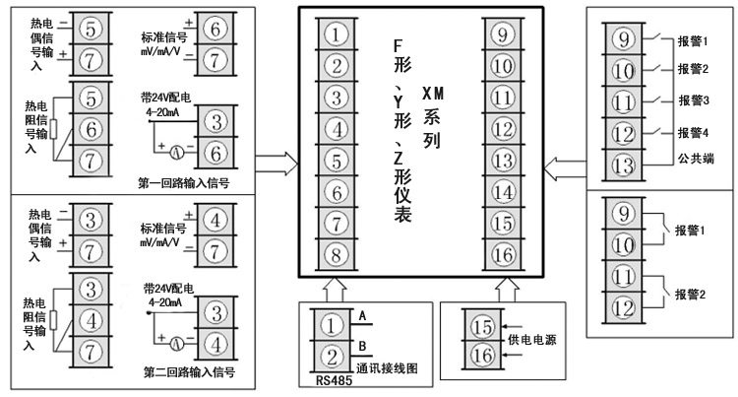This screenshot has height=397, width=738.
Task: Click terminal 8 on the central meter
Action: [337, 254]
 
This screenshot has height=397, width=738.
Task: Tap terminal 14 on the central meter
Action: [503, 192]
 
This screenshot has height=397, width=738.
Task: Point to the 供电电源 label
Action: [532, 339]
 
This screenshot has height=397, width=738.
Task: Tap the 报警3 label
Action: [695, 100]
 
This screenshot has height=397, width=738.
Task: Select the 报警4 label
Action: [695, 132]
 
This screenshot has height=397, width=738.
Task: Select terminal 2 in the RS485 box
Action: [335, 355]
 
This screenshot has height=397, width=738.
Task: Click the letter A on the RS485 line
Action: [362, 315]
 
